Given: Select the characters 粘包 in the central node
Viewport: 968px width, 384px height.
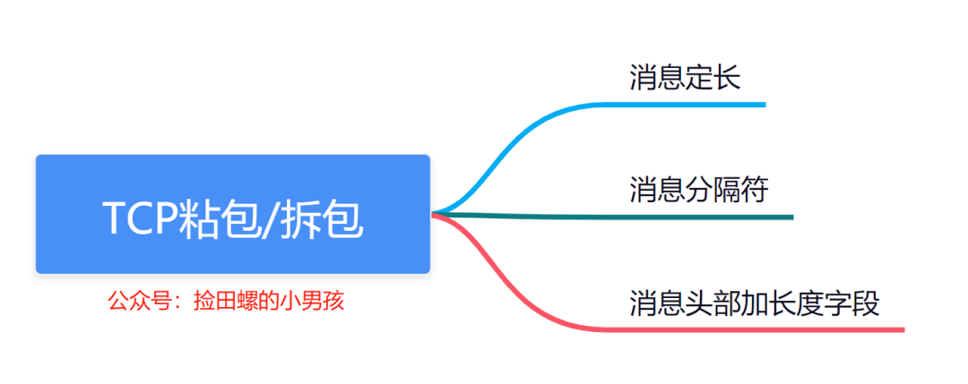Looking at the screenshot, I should pyautogui.click(x=220, y=218).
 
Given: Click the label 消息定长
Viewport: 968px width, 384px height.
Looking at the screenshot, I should pyautogui.click(x=685, y=78).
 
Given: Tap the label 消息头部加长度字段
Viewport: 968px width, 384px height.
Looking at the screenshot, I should pyautogui.click(x=755, y=303).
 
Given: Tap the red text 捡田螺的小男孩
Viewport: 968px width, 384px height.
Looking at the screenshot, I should pyautogui.click(x=268, y=300).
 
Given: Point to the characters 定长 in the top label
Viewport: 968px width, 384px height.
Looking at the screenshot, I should pyautogui.click(x=713, y=78).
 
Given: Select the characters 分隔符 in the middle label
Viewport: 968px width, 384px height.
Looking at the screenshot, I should pyautogui.click(x=727, y=190).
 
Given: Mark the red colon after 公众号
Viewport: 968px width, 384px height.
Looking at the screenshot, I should pyautogui.click(x=176, y=301).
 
